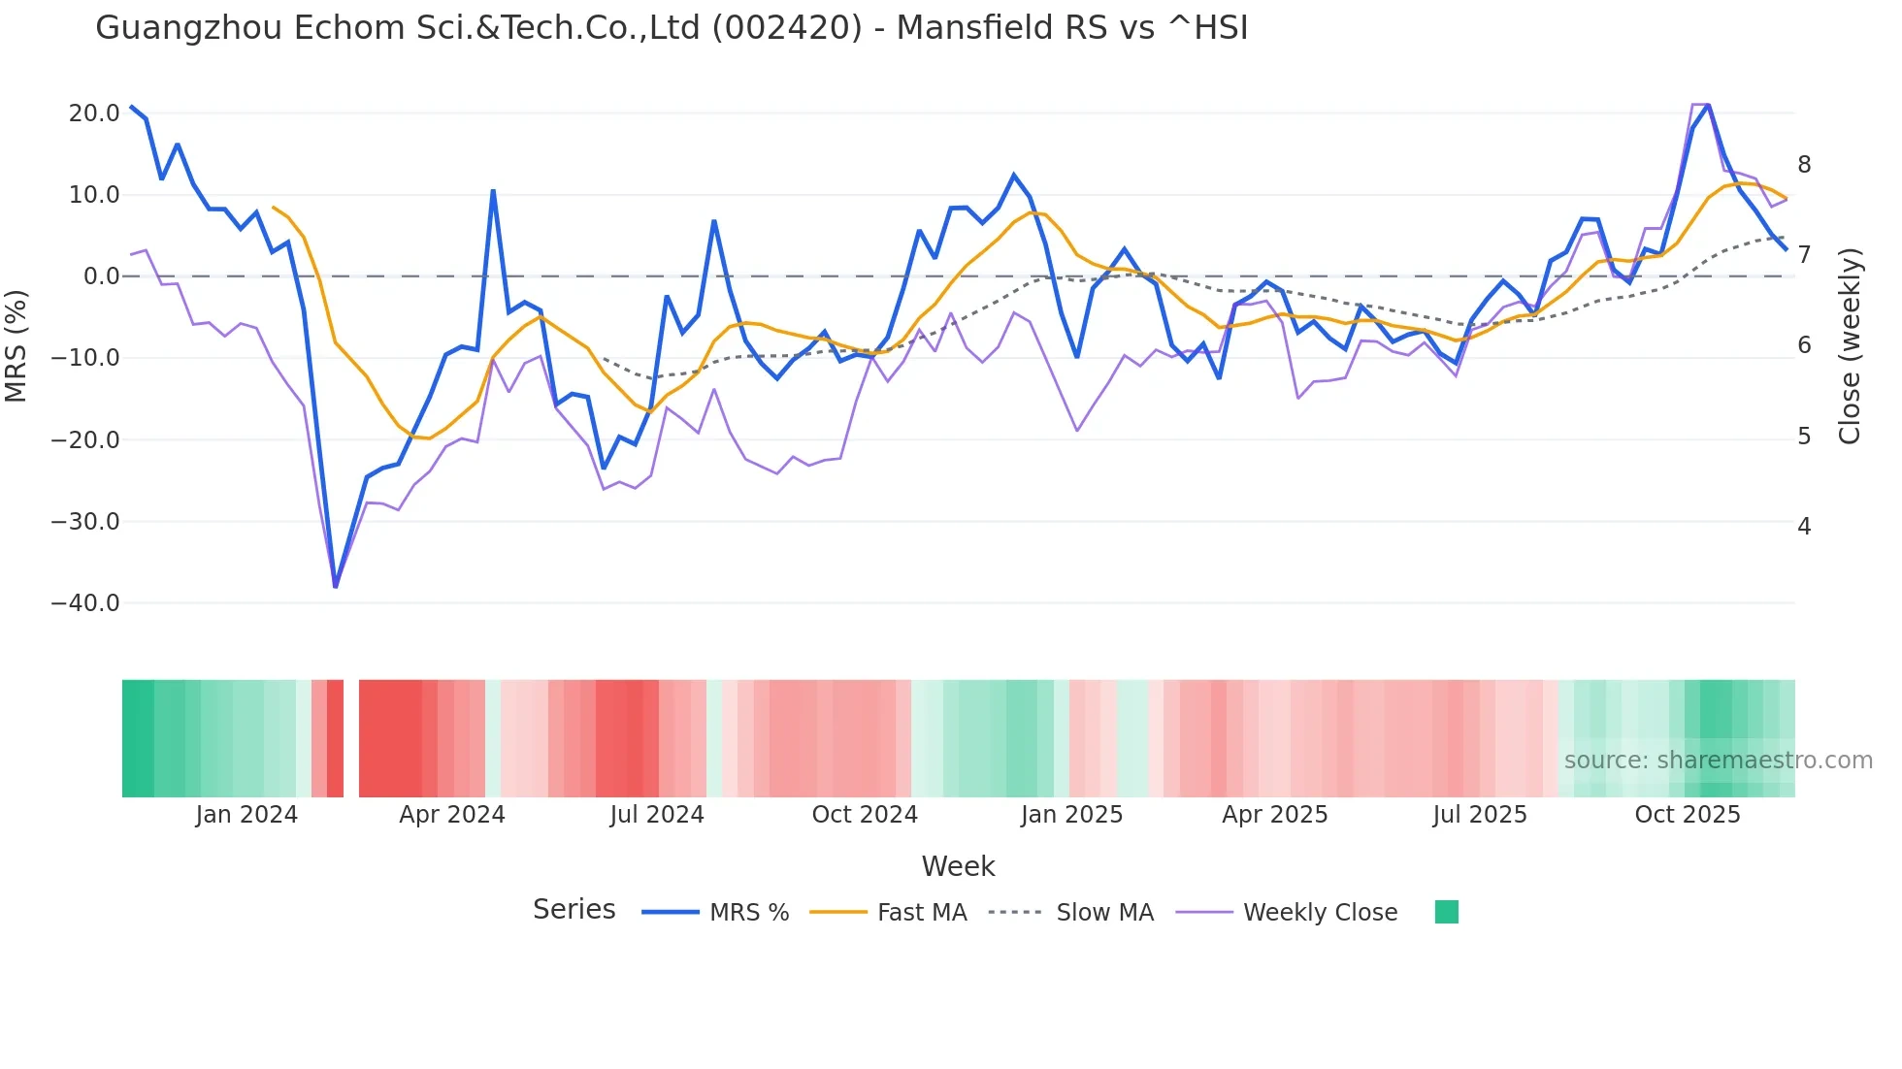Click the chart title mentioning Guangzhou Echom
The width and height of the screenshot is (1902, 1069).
tap(672, 28)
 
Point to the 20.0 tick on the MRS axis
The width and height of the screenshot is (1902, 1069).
tap(94, 113)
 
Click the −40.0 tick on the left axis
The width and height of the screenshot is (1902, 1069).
tap(85, 603)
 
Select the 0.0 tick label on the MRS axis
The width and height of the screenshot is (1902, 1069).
tap(102, 276)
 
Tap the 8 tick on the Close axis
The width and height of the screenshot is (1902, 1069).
tap(1804, 165)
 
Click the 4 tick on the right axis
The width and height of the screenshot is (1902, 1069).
tap(1804, 527)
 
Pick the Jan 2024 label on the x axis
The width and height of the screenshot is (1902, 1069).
tap(246, 815)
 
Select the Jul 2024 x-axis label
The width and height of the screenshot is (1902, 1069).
tap(657, 815)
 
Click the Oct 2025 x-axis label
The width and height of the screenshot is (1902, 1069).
tap(1688, 815)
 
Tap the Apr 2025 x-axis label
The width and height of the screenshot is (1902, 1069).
tap(1274, 815)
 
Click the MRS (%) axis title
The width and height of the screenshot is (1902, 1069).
tap(16, 345)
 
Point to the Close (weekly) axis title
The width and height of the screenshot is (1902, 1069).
tap(1850, 346)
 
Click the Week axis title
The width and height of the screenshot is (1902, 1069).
tap(958, 866)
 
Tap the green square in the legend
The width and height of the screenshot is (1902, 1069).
tap(1446, 912)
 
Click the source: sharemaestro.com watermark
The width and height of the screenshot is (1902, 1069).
tap(1718, 761)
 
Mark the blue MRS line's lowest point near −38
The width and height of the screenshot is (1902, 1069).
tap(336, 586)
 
